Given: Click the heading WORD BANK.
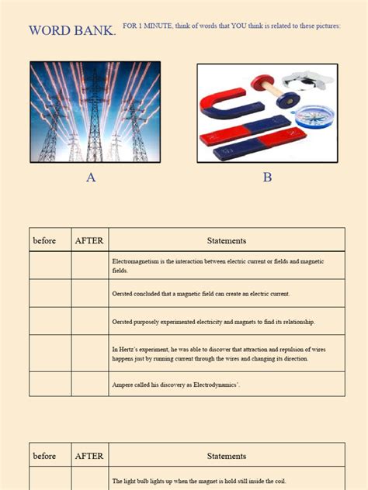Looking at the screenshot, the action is click(x=72, y=31).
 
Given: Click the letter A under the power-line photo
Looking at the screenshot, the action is click(x=91, y=178).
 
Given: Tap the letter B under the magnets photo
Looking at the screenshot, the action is click(x=267, y=178).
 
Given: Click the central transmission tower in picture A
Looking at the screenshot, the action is click(x=95, y=116).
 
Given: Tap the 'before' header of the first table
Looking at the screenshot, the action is click(x=45, y=240).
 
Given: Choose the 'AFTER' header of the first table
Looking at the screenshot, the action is click(x=89, y=240).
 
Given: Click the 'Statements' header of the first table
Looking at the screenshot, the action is click(x=227, y=240).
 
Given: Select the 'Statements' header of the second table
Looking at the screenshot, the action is click(x=227, y=456).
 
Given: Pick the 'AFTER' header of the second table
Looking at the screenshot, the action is click(x=89, y=456).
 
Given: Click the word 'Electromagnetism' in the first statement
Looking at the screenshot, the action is click(x=137, y=262).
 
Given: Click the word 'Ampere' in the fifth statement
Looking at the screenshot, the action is click(x=123, y=384).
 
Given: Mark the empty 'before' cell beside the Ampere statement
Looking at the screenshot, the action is click(x=50, y=384).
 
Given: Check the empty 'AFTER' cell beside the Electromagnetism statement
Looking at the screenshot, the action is click(x=89, y=266).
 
